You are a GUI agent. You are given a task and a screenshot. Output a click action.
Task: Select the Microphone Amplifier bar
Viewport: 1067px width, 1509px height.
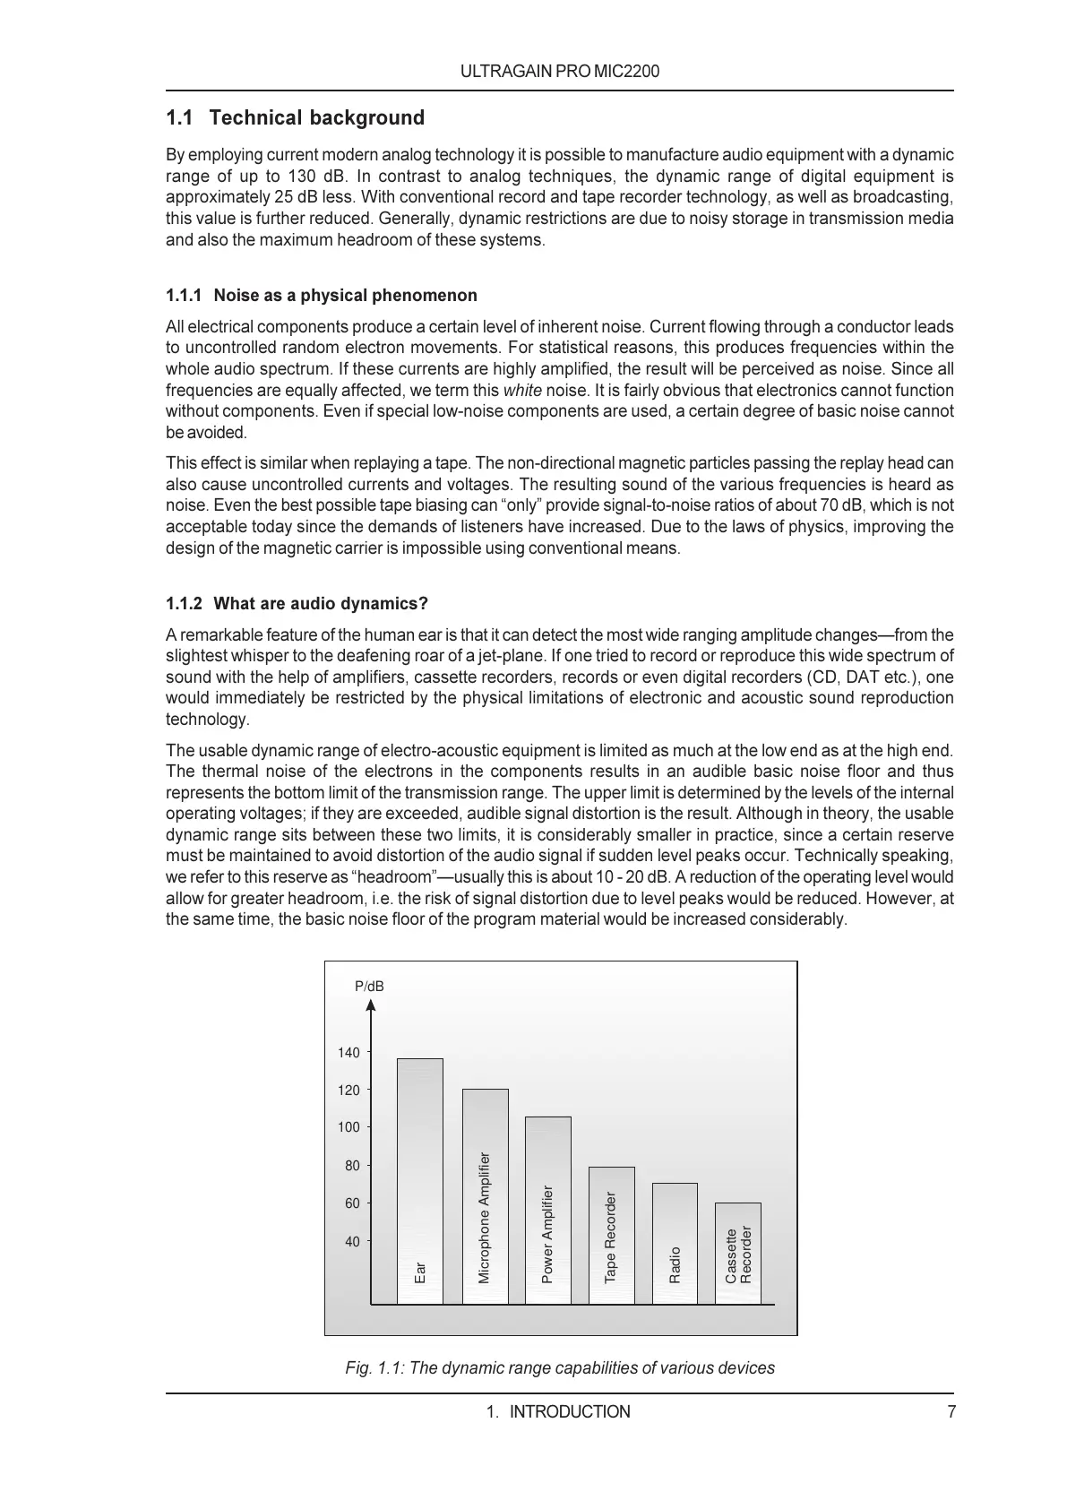pos(485,1196)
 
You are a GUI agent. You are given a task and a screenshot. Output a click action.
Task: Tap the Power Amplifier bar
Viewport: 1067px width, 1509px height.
pos(547,1210)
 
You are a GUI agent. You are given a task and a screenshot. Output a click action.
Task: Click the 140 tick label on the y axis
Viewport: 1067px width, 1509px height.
pos(348,1053)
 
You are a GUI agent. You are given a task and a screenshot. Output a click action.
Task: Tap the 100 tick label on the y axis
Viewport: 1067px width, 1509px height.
pos(348,1127)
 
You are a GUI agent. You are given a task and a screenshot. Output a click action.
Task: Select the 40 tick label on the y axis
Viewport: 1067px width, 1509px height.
pos(352,1242)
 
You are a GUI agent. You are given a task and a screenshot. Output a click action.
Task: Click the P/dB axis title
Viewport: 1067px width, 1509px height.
pos(369,987)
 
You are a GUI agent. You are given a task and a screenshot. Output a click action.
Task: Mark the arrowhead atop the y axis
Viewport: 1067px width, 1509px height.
pos(371,1005)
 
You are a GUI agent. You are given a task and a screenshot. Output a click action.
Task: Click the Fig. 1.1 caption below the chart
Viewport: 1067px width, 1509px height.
pos(560,1368)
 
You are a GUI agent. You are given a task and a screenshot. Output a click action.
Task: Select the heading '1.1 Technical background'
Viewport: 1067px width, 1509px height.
pos(296,118)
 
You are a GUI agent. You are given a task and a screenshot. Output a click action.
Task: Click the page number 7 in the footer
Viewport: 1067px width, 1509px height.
pos(951,1412)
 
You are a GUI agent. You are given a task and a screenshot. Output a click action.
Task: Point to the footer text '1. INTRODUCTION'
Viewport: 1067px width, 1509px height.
pos(558,1412)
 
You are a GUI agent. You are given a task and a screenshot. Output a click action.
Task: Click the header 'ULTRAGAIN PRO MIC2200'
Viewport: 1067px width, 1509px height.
pos(560,72)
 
